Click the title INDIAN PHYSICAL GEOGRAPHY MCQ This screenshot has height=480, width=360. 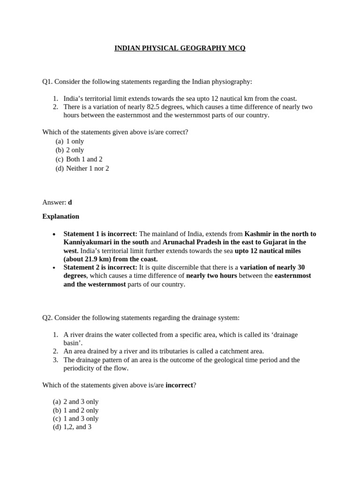coord(180,48)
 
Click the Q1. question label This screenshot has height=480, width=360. coord(47,82)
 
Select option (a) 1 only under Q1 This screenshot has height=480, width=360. coord(70,141)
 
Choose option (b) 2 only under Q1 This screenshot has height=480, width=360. coord(70,150)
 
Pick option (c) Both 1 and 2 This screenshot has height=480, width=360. coord(79,159)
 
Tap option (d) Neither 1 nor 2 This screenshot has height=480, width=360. coord(82,168)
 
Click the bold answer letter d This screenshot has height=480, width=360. coord(70,202)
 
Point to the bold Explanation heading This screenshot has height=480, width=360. coord(60,217)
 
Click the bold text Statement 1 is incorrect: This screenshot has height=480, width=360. coord(100,234)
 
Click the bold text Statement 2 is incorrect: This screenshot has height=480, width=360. coord(100,267)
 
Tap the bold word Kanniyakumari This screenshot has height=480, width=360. coord(86,242)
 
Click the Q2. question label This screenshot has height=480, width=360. coord(47,318)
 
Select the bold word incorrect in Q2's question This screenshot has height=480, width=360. coord(179,385)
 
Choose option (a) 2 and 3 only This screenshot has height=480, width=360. coord(75,402)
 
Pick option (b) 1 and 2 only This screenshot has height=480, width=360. coord(75,410)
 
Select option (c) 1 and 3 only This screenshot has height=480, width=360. coord(75,419)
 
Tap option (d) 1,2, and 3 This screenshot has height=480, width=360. coord(72,427)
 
